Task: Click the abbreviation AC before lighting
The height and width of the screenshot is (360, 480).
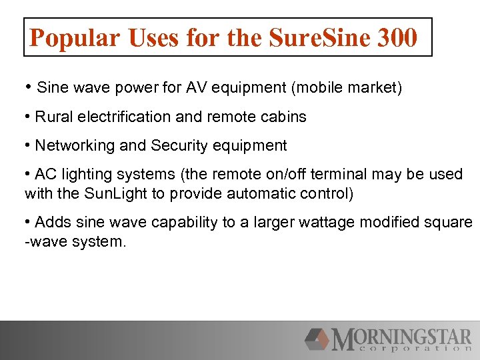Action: (x=45, y=174)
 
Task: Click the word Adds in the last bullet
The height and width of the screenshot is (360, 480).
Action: (x=51, y=222)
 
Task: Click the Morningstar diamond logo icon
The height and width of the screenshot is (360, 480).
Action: (x=317, y=339)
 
